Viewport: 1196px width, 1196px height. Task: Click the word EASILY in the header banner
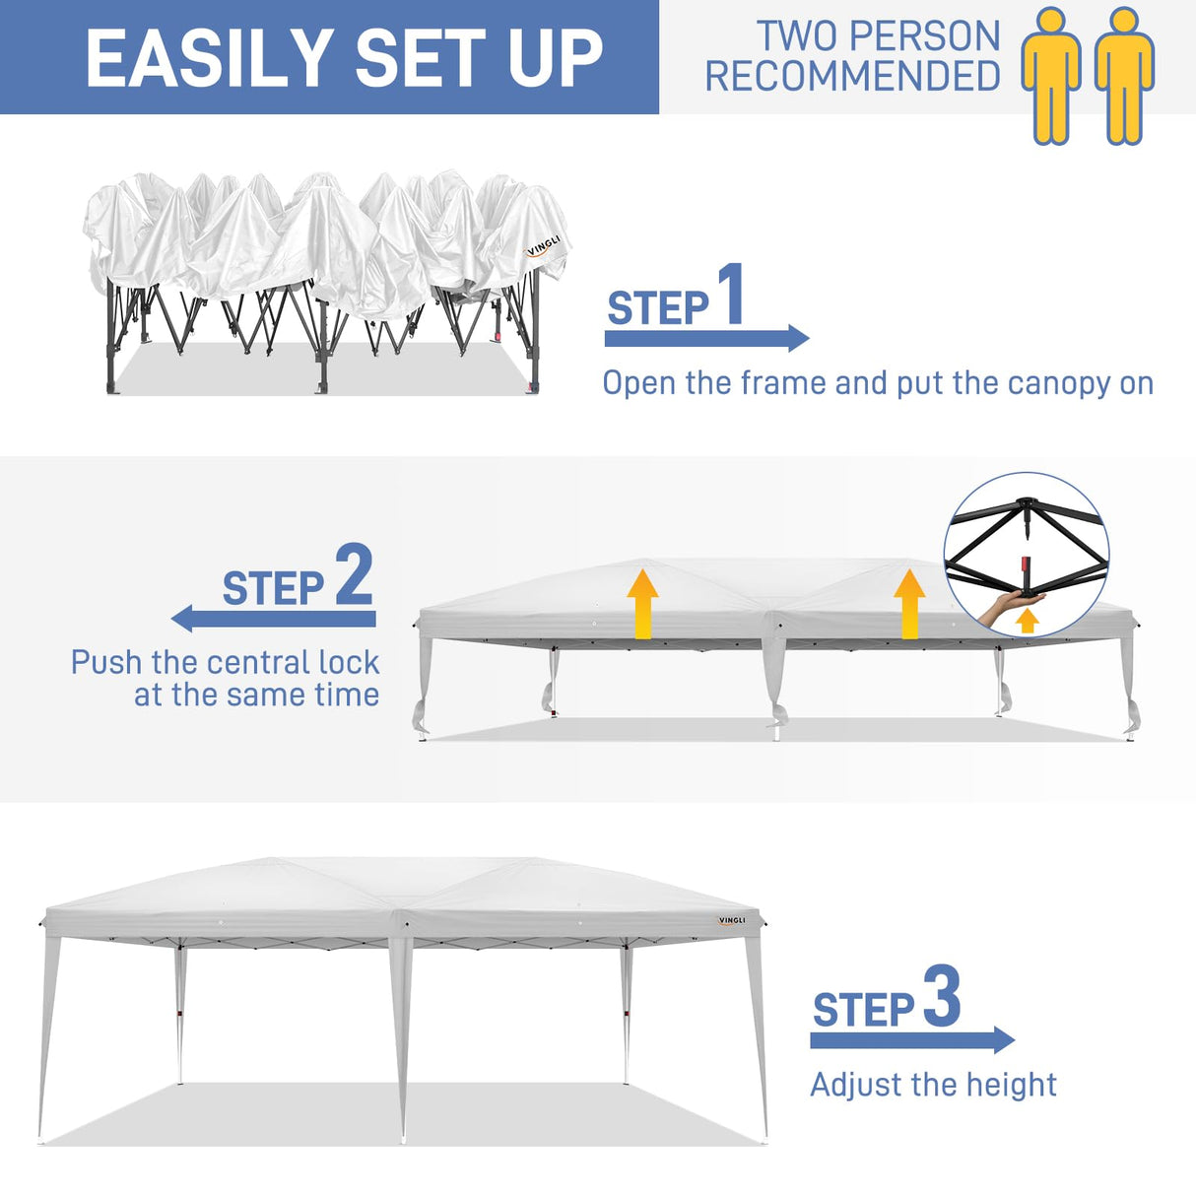[209, 58]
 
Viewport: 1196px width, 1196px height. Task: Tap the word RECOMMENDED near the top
[852, 77]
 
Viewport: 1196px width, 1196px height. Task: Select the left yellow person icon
[1051, 76]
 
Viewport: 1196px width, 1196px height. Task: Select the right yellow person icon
[1124, 76]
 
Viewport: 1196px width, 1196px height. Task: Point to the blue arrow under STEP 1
[706, 339]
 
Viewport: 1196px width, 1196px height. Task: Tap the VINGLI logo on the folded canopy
[543, 246]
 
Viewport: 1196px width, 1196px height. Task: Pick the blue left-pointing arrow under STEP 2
[274, 619]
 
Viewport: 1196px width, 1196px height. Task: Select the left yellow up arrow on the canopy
[642, 603]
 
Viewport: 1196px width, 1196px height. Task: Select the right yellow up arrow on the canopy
[909, 603]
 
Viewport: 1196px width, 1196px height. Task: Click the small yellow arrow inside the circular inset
[1028, 621]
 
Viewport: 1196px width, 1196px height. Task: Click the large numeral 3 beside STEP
[942, 997]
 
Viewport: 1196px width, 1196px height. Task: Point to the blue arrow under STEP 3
[912, 1040]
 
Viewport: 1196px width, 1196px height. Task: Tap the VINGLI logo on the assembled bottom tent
[732, 921]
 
